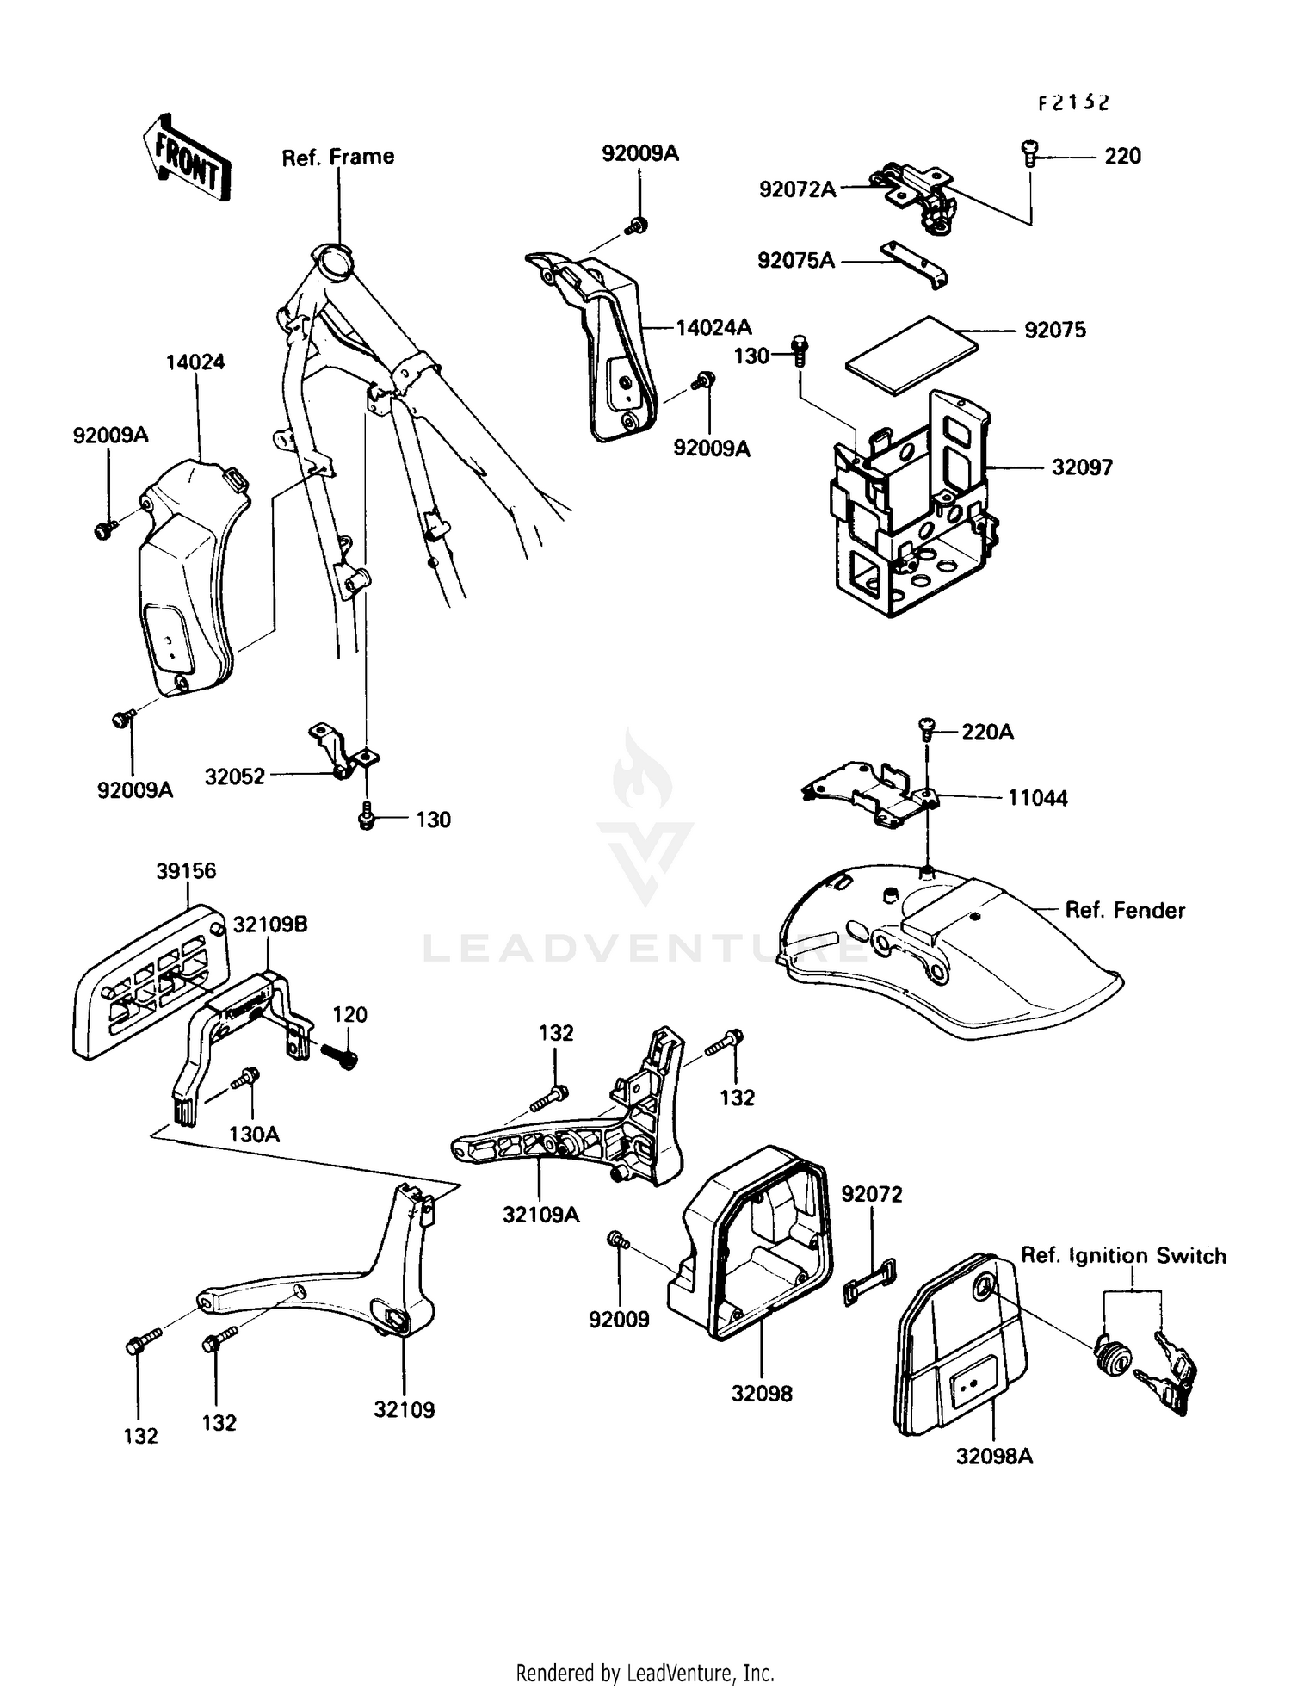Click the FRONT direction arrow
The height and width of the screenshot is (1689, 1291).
click(x=187, y=158)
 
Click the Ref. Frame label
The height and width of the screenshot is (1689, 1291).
click(x=338, y=157)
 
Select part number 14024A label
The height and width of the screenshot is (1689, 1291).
click(x=713, y=327)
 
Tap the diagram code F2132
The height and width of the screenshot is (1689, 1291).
click(x=1072, y=102)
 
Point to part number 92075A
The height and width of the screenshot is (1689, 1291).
click(x=796, y=260)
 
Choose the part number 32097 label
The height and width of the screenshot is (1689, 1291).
click(x=1082, y=467)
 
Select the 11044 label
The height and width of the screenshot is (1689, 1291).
click(x=1038, y=798)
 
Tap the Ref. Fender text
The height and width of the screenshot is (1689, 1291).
click(x=1125, y=910)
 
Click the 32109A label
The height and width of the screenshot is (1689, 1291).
click(x=540, y=1215)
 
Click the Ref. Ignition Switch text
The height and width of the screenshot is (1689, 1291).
click(x=1123, y=1255)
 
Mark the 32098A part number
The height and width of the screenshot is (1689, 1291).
click(x=994, y=1456)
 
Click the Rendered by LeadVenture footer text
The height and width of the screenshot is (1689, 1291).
click(x=645, y=1673)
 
